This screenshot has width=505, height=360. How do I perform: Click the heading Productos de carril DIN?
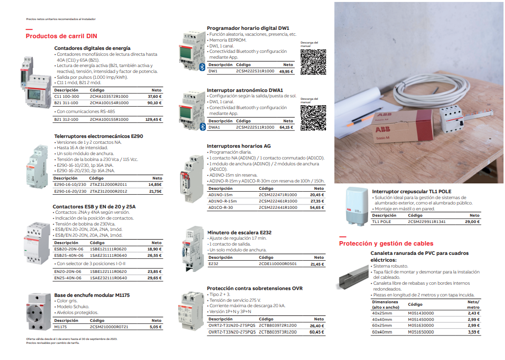point(61,36)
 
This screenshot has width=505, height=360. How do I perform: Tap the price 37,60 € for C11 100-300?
point(154,96)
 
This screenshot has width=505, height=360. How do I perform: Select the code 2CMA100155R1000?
point(109,119)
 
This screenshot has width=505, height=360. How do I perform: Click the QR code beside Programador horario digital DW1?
point(312,62)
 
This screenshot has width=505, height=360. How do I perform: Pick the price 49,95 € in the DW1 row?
point(286,71)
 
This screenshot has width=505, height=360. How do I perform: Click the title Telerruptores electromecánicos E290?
point(98,136)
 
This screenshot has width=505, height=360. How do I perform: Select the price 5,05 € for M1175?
point(155,327)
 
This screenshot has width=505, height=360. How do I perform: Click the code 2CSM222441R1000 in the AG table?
point(278,207)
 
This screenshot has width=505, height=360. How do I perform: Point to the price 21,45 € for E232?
point(317,264)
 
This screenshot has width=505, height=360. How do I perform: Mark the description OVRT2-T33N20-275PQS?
point(232,332)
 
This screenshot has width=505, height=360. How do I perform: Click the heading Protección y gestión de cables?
point(386,243)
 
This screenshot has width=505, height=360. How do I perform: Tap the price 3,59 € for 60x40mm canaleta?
point(474,332)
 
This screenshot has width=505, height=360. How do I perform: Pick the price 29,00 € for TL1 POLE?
point(473,222)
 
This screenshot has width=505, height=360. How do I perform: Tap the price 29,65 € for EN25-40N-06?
point(154,278)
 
